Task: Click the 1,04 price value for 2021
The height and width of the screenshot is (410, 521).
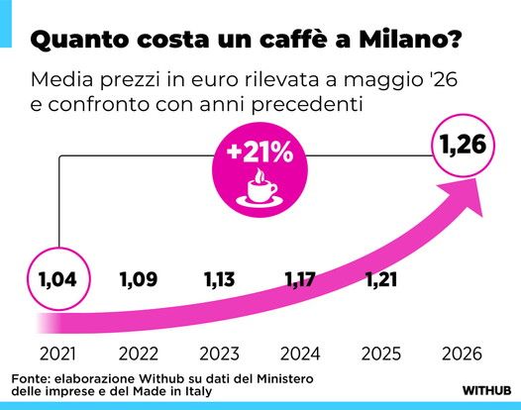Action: [x=57, y=279]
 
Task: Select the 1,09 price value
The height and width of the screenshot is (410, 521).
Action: [x=139, y=279]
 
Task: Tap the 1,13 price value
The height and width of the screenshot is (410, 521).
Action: [x=219, y=279]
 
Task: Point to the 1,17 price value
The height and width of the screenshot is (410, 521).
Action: [x=300, y=279]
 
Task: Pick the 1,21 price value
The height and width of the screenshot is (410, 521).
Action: [x=381, y=279]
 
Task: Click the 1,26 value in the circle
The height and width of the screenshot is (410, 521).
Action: [x=463, y=145]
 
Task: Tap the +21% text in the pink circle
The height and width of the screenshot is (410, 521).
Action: [x=260, y=153]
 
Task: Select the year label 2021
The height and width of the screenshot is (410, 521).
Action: [x=57, y=354]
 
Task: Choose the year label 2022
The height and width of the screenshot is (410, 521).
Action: [x=139, y=354]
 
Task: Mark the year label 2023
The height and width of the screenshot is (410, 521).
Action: [x=219, y=354]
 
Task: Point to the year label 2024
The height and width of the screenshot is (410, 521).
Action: [x=300, y=354]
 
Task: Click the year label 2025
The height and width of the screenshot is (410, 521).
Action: [x=381, y=354]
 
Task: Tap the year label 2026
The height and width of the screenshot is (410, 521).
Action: [x=462, y=354]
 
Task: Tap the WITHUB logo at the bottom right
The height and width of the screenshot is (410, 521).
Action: [x=486, y=390]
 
